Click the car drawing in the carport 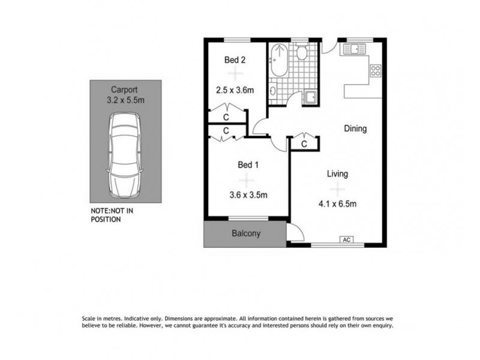tap(125, 157)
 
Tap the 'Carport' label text tap(125, 91)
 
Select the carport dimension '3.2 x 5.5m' tap(125, 101)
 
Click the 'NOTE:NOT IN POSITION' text tap(112, 215)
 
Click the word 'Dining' tap(355, 128)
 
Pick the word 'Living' tap(337, 174)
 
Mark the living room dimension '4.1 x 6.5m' tap(337, 204)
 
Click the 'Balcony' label tap(245, 234)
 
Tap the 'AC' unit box tap(346, 240)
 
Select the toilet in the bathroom tap(302, 53)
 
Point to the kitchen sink tap(355, 50)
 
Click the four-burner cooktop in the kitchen tap(376, 71)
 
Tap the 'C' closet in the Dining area tap(305, 143)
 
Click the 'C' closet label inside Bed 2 tap(227, 116)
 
